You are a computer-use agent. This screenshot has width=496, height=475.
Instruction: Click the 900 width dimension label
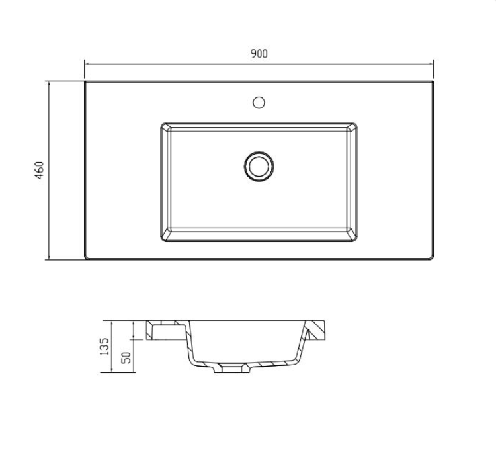pos(259,54)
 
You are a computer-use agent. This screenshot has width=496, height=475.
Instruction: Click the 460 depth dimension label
pos(40,170)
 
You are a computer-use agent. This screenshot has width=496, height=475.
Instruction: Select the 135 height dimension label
pos(104,347)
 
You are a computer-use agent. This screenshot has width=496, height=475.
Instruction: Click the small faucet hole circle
pos(259,102)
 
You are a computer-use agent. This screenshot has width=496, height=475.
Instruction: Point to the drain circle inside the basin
pos(259,165)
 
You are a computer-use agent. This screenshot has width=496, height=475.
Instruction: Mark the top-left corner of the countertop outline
pos(85,82)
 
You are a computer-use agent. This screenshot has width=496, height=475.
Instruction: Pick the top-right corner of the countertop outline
pos(433,82)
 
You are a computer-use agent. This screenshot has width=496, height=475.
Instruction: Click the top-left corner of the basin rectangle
pos(161,123)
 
